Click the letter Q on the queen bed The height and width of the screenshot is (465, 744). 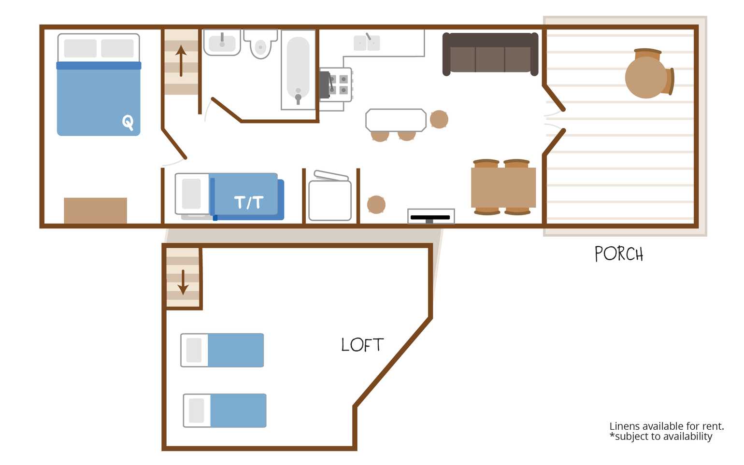coord(128,123)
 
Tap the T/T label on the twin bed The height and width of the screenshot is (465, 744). coord(249,202)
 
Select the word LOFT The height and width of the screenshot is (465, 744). coord(362,345)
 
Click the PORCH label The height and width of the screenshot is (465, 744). coord(619,254)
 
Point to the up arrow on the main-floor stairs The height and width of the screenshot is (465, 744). coord(181,61)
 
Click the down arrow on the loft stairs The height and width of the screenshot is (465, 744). coord(183,282)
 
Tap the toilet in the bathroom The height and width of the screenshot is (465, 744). coord(260,44)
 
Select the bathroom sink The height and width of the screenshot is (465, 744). coord(222,42)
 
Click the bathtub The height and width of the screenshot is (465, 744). coord(298,70)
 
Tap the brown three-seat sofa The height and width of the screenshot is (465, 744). coord(490,54)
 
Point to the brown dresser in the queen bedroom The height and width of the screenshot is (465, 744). coord(95,211)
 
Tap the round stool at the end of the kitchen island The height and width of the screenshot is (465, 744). coord(439,119)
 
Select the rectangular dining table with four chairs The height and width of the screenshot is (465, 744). coord(503,187)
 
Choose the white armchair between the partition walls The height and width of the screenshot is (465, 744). coord(330,196)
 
